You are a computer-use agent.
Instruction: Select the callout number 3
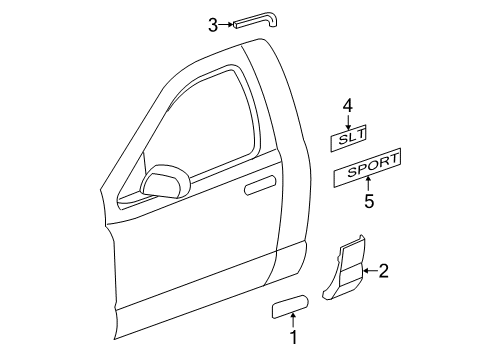[213, 25]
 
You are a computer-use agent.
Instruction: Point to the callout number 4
[348, 104]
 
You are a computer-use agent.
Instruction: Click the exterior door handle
[260, 183]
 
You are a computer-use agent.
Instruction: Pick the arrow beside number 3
[227, 25]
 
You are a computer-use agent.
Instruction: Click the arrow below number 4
[348, 119]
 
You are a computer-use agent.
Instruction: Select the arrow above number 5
[368, 185]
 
